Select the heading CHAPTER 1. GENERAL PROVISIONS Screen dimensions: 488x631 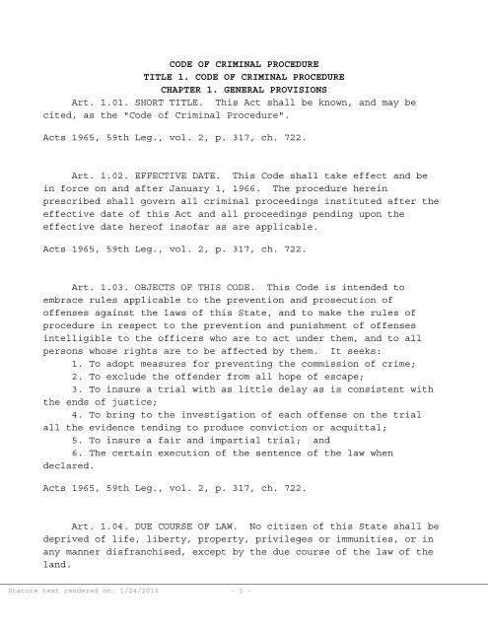coord(244,86)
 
